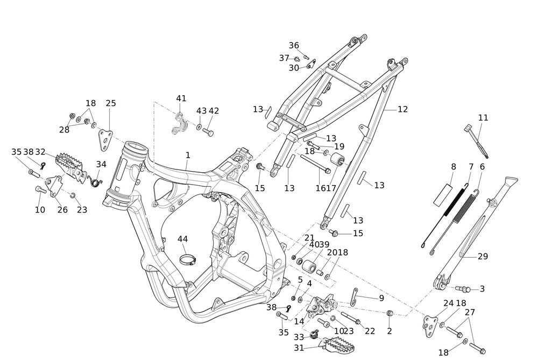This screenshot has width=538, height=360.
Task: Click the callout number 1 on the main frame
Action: pos(188,155)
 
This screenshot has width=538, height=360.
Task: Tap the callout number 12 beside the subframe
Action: pos(402,109)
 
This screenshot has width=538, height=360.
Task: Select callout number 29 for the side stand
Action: pos(482,289)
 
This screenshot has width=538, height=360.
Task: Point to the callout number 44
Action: pos(183,239)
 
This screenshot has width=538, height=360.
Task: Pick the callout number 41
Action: pos(181,98)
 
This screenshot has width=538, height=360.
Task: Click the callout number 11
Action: pos(483,118)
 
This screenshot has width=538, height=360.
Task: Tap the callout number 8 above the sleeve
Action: pos(454,167)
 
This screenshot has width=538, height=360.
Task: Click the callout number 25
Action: pos(111,103)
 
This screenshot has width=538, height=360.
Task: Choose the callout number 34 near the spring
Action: pos(101,164)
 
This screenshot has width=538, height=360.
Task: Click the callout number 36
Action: pos(294,46)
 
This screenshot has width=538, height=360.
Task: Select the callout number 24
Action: pos(449,303)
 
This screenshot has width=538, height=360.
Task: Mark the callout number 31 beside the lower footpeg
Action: pos(299,348)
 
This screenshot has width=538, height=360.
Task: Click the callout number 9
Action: pos(381,298)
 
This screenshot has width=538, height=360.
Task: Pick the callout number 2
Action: pos(390,331)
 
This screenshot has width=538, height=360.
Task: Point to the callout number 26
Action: pos(62,210)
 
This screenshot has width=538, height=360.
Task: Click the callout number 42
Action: pos(214,111)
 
